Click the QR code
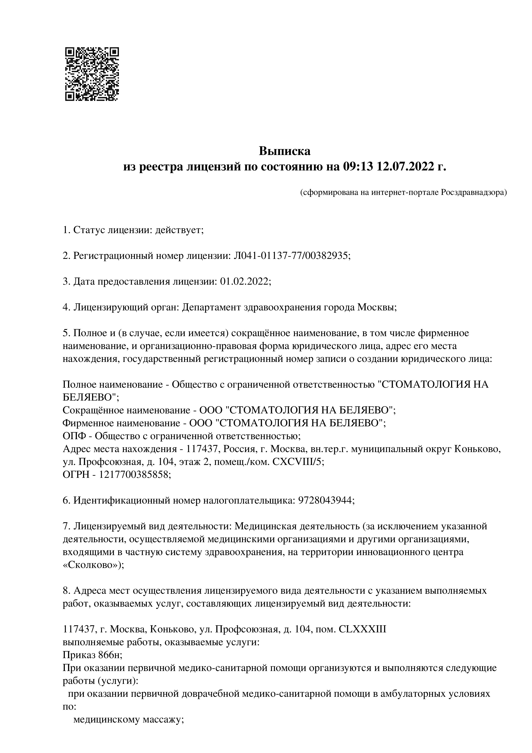92,74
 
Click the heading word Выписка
285,151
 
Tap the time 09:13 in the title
358,167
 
